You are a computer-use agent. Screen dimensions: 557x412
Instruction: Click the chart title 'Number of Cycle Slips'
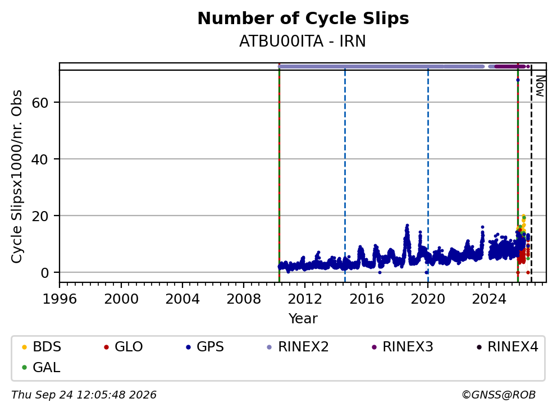point(303,19)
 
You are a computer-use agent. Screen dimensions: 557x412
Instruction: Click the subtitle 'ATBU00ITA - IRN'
point(302,42)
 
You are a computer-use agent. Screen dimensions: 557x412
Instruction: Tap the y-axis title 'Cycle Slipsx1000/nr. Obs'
point(16,176)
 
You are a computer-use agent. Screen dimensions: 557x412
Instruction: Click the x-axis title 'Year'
point(303,318)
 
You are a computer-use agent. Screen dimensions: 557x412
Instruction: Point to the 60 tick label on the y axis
point(40,103)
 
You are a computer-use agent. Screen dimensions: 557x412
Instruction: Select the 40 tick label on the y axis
point(40,159)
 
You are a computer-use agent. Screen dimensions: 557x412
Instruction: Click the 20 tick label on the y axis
point(40,216)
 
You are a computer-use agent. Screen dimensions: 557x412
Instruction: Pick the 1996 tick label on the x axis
point(60,299)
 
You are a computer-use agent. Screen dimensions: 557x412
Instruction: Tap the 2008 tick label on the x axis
point(244,299)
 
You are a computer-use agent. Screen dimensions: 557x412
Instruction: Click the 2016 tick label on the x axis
point(367,299)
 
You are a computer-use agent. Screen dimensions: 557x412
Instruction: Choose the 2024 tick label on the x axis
point(489,299)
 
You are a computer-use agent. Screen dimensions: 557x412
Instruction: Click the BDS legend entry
point(42,347)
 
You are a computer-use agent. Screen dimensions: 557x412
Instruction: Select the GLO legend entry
point(124,347)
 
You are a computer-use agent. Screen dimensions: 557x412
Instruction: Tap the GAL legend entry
point(41,367)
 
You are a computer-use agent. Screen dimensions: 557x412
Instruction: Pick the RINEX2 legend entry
point(298,347)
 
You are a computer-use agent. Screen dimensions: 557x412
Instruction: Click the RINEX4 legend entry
point(507,347)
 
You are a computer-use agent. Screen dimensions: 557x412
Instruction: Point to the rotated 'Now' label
point(540,86)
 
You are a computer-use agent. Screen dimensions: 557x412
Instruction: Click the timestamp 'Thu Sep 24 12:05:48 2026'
point(84,395)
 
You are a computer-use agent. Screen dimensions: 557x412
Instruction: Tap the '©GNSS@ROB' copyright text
point(499,395)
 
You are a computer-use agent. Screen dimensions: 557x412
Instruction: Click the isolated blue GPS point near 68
point(518,80)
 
